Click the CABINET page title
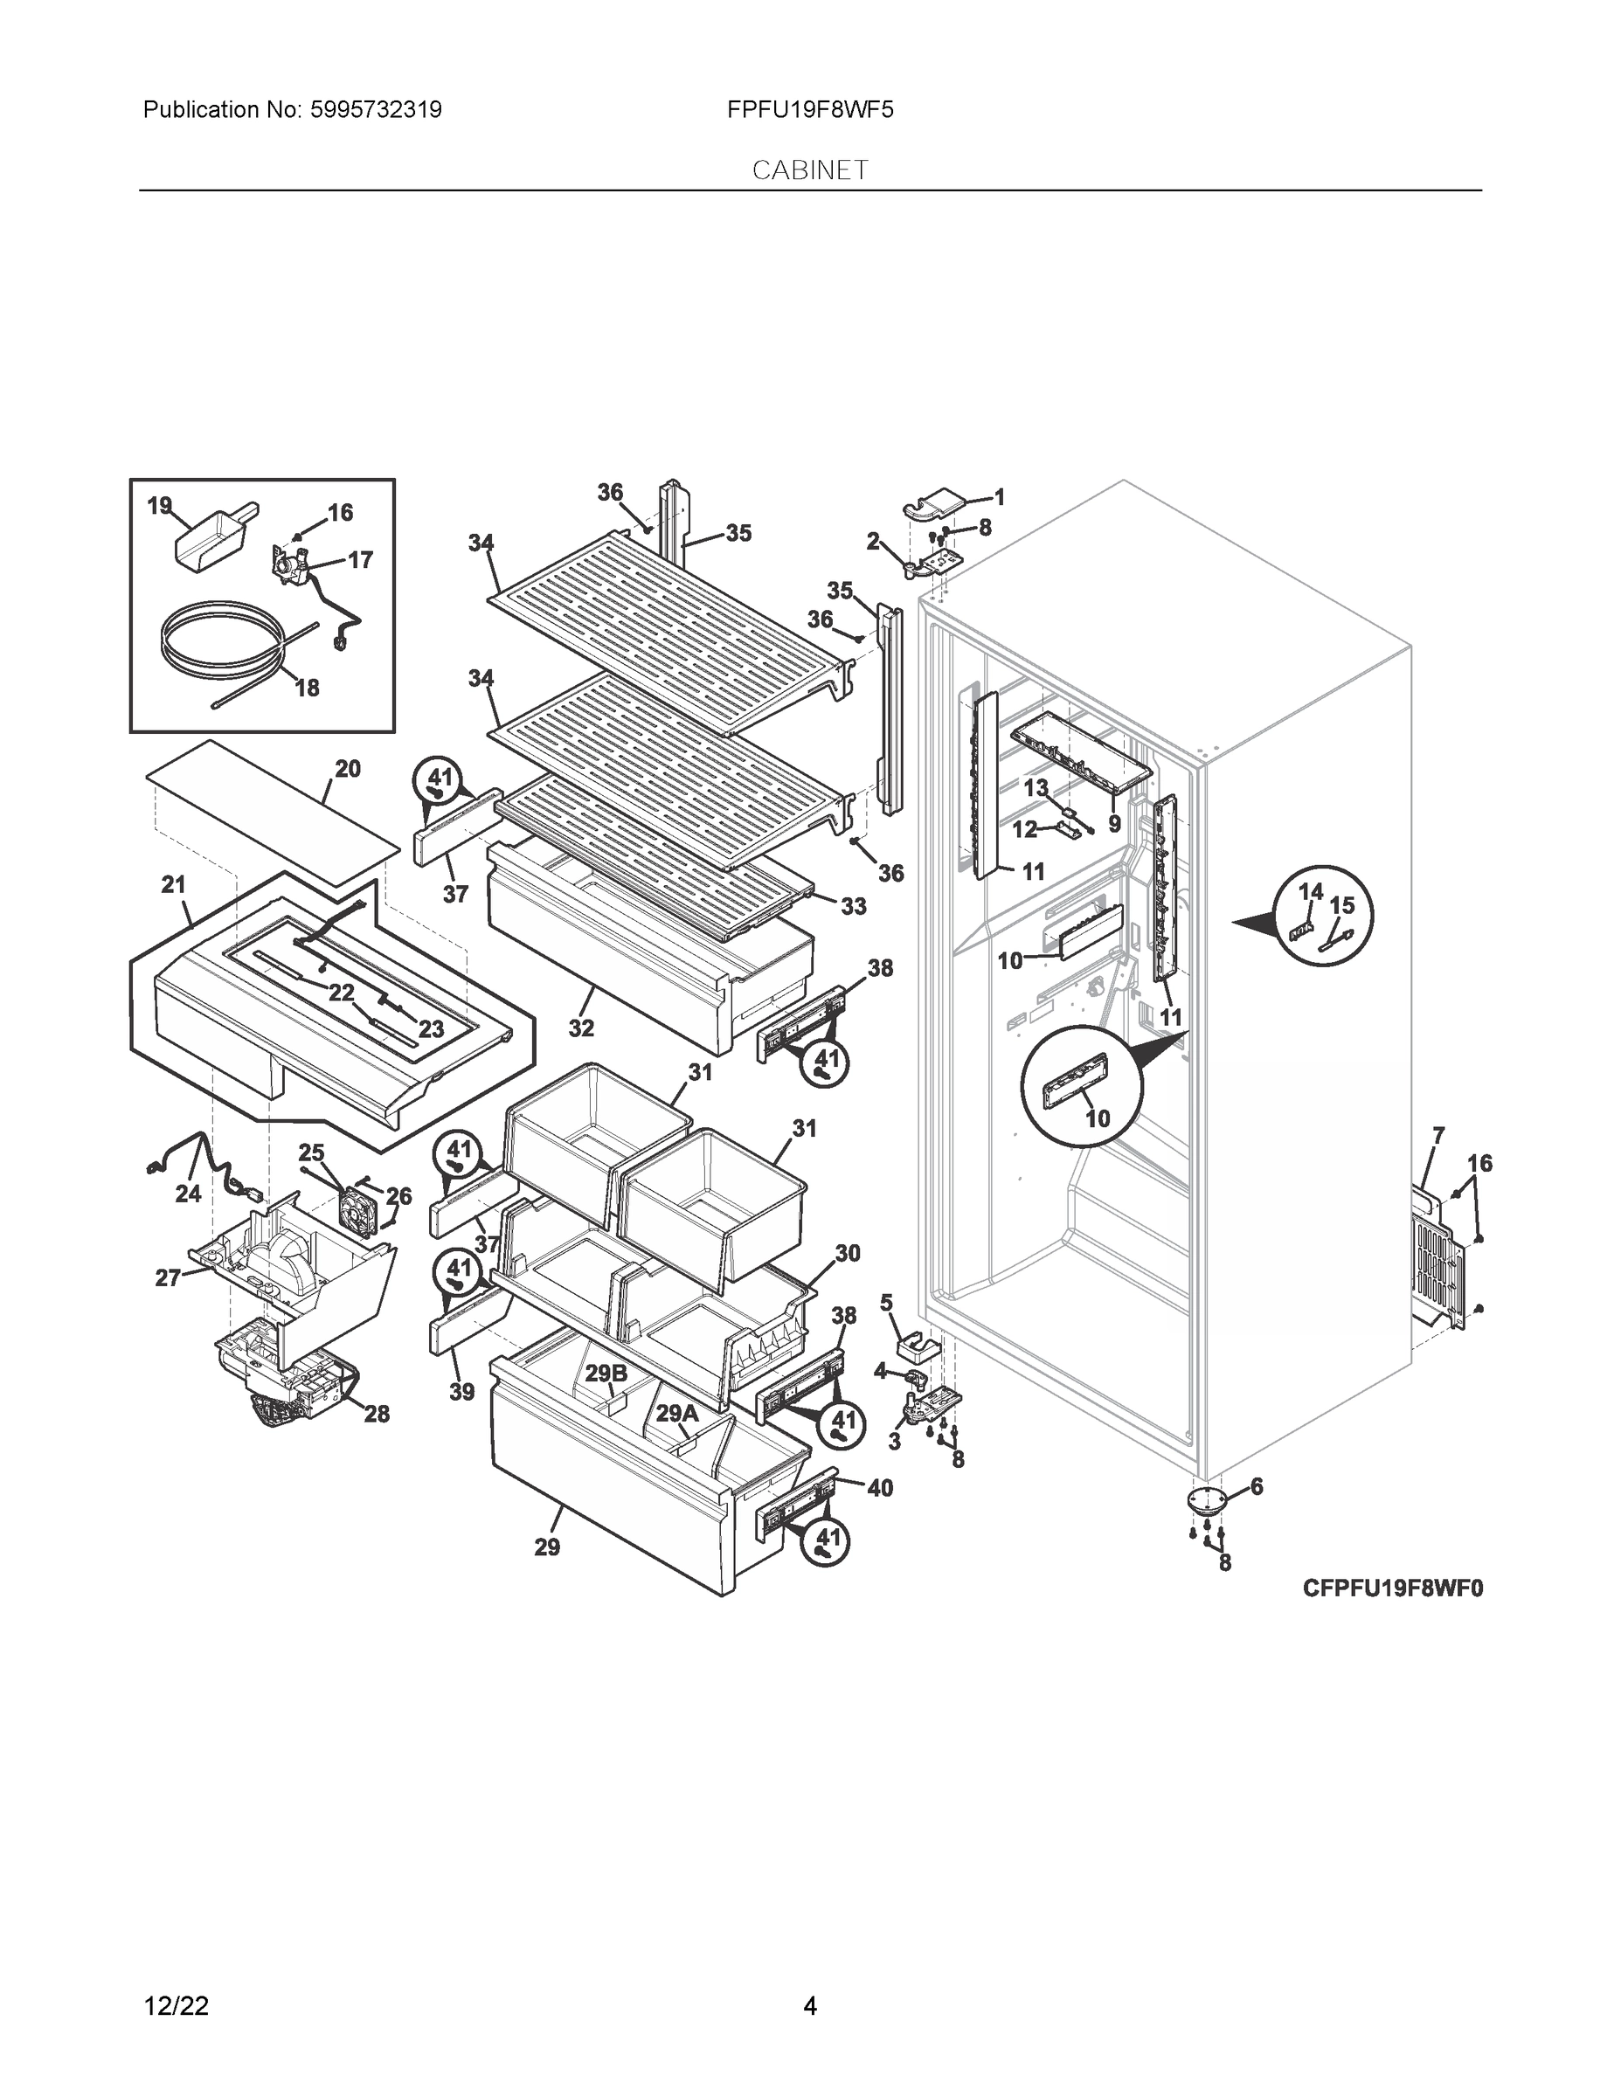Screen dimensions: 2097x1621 click(x=809, y=170)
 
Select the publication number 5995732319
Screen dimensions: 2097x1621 click(x=376, y=109)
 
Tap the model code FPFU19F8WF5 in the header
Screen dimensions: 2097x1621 click(x=809, y=109)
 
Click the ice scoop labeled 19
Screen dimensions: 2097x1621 click(x=208, y=540)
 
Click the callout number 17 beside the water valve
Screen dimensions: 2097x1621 click(x=360, y=559)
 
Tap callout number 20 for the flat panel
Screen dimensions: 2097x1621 click(x=348, y=768)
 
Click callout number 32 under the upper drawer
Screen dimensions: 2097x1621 click(x=580, y=1028)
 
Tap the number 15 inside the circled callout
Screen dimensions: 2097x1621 click(x=1341, y=904)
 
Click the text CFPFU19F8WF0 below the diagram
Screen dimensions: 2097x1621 click(x=1391, y=1588)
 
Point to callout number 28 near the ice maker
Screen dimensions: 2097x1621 click(x=376, y=1414)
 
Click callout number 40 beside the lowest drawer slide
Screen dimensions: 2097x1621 click(x=880, y=1488)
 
